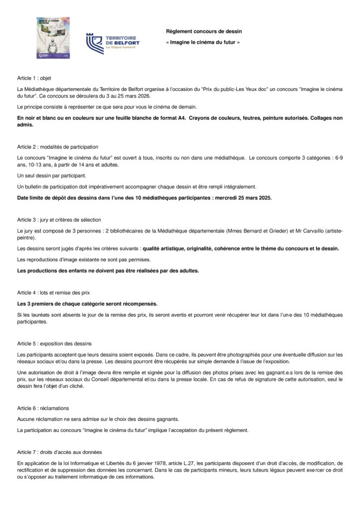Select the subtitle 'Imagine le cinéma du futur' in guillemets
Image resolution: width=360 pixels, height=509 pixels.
click(x=202, y=43)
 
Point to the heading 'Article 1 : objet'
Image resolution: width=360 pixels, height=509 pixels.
click(x=34, y=78)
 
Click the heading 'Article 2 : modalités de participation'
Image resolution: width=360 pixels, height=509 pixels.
click(x=58, y=147)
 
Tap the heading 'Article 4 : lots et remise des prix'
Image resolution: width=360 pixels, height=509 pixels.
click(x=53, y=292)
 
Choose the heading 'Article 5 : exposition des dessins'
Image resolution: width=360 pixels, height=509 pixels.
click(x=54, y=343)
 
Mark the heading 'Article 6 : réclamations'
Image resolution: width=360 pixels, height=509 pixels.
click(x=42, y=408)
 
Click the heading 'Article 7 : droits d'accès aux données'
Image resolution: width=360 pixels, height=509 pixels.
click(x=59, y=452)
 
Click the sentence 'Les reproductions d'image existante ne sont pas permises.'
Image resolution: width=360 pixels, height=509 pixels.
click(x=84, y=259)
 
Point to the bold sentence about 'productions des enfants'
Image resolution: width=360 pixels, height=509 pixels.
click(x=108, y=270)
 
